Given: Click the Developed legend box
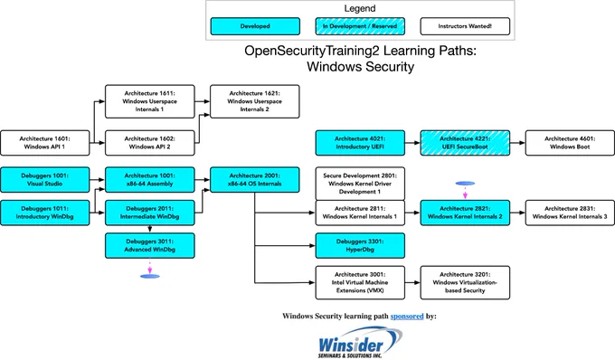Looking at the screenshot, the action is (x=255, y=26).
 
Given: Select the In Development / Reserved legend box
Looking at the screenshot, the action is (x=360, y=26).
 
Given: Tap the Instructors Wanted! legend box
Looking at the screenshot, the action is (x=465, y=26).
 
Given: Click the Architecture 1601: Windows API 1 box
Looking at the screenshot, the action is (x=44, y=143).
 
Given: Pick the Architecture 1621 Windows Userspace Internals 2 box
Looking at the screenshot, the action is (x=255, y=101).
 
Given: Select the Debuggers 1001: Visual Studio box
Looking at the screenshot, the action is (x=44, y=180).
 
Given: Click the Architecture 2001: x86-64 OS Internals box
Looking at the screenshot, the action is (x=255, y=180).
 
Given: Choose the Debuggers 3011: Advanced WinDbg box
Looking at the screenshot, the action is (x=150, y=245).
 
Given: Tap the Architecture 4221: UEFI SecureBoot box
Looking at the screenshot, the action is (x=465, y=143).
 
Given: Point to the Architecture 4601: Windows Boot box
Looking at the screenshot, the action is (x=570, y=143).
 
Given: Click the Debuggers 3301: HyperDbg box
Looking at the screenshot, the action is (x=360, y=245).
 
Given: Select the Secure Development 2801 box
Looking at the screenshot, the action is (x=360, y=184).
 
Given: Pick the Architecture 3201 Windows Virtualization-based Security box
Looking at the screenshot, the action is (x=465, y=282).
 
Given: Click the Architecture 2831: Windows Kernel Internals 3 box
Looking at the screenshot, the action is (x=570, y=213).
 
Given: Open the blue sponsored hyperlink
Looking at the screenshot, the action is (x=407, y=316).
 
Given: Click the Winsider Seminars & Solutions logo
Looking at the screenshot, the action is (x=360, y=343).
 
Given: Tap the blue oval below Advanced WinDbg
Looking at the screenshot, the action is (x=150, y=277).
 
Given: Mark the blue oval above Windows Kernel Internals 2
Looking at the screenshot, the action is (x=465, y=183).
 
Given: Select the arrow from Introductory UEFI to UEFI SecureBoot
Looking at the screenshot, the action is (x=412, y=143).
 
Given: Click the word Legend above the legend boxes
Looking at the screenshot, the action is (x=360, y=8).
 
